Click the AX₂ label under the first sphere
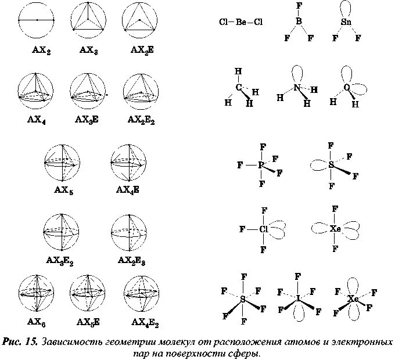[41, 51]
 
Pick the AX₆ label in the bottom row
[36, 322]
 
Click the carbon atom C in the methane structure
[239, 88]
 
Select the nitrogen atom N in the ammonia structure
[297, 88]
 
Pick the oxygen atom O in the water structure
[347, 88]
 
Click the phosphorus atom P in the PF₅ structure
[262, 165]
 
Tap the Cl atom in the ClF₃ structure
[264, 229]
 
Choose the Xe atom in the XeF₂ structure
[335, 228]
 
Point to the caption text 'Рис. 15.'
[20, 341]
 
